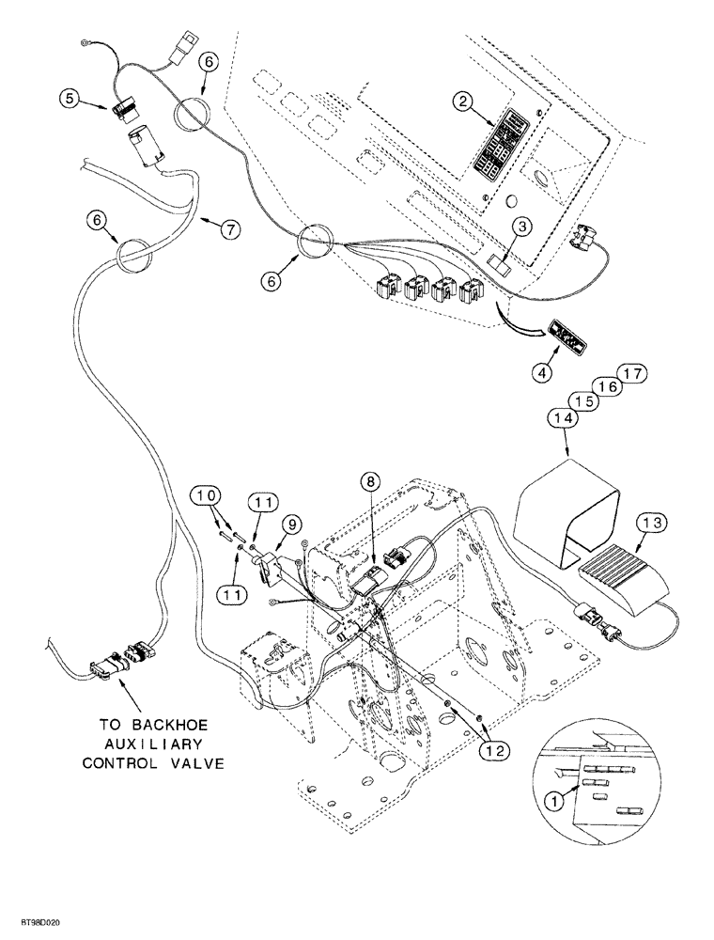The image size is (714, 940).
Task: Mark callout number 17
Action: [x=633, y=373]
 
